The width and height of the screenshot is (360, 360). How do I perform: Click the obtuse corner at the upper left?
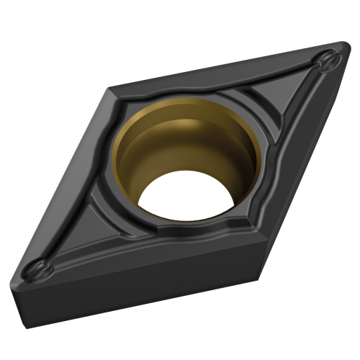109,89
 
